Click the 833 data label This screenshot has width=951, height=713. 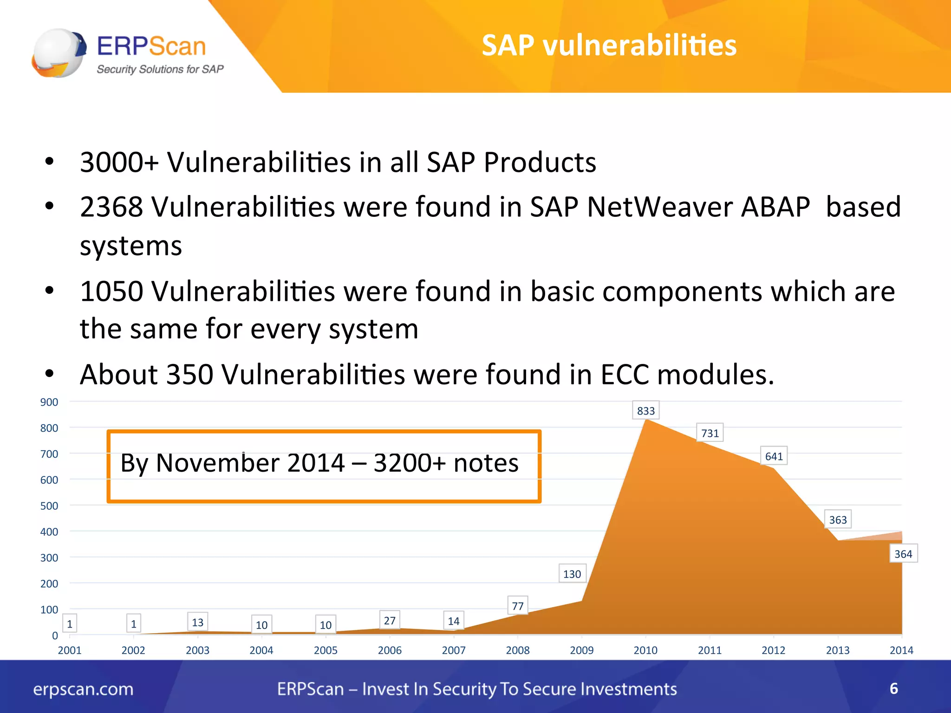645,411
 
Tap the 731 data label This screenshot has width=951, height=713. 710,433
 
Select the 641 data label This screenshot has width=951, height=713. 774,456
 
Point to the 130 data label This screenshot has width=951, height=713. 572,574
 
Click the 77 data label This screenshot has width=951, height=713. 517,606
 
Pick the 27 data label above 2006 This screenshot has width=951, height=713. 390,621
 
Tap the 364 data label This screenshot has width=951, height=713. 903,554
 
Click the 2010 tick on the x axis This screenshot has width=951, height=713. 645,650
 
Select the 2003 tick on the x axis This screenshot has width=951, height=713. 197,650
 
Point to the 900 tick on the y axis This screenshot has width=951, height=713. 49,402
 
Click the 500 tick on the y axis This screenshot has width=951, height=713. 49,506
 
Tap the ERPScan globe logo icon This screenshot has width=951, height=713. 59,53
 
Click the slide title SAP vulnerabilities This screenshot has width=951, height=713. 609,45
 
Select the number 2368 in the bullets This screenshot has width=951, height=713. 111,207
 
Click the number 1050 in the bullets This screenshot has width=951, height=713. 111,292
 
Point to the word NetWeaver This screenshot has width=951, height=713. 658,207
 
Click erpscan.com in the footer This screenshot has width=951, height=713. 83,689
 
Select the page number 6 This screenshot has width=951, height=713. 893,688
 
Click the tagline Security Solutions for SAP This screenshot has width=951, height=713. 160,69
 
